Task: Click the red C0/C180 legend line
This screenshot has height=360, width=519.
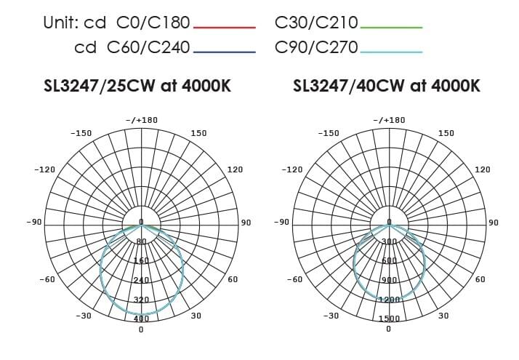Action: tap(224, 28)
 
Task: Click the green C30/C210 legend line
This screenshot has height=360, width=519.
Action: tap(391, 28)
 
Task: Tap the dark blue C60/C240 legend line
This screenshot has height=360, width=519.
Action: tap(224, 52)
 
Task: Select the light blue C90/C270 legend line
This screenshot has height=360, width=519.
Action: tap(391, 52)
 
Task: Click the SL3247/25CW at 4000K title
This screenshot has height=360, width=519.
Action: tap(138, 86)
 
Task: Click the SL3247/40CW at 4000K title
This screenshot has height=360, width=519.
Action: tap(386, 86)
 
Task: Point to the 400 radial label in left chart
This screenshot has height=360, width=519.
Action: tap(141, 319)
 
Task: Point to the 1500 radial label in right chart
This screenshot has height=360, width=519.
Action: tap(389, 319)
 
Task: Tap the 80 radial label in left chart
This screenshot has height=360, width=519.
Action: tap(141, 241)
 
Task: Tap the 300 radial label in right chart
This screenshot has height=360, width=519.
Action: tap(389, 241)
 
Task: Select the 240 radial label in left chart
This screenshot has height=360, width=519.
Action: tap(141, 280)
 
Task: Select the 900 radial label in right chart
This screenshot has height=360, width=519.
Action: tap(389, 280)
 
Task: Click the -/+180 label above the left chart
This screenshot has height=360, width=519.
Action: tap(141, 120)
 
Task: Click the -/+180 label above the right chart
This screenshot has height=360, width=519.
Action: tap(389, 120)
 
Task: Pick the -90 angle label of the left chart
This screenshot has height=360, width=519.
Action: tap(33, 221)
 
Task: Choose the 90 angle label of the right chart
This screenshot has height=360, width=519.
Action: tap(493, 222)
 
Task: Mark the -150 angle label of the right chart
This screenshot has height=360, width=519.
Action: tap(329, 133)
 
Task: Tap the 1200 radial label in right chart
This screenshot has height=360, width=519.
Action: tap(389, 299)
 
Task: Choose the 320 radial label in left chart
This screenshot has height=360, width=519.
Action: tap(141, 299)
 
